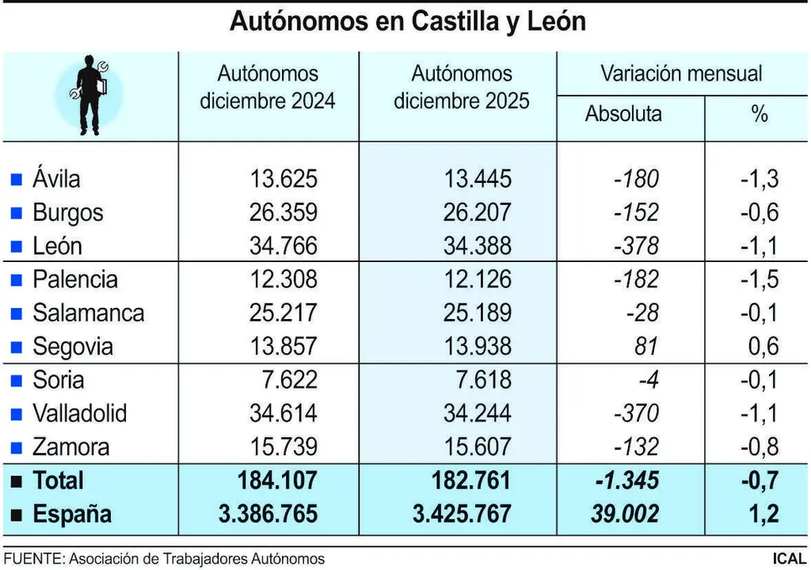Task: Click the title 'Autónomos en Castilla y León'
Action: click(407, 21)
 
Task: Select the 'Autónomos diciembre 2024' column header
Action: click(268, 88)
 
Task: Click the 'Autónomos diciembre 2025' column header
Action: click(462, 88)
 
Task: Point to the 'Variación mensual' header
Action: click(680, 74)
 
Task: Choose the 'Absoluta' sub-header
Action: click(623, 114)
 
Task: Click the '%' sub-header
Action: click(760, 114)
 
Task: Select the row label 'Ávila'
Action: click(56, 179)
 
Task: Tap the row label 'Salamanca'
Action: click(88, 313)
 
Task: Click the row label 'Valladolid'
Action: click(79, 413)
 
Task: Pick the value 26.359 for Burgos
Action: click(284, 213)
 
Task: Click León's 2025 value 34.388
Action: click(478, 246)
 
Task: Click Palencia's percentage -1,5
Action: click(759, 279)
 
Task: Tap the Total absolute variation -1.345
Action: click(623, 481)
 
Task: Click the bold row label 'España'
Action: click(72, 515)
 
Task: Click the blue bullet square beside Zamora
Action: click(15, 447)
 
